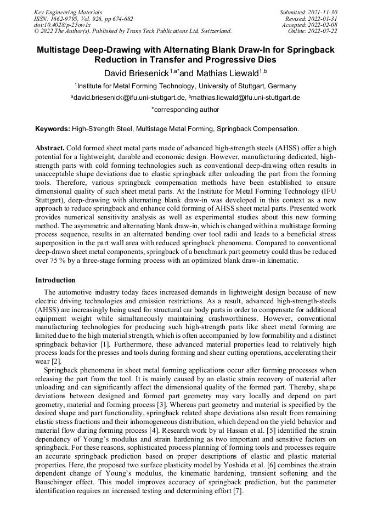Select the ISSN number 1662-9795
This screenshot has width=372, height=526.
(x=63, y=19)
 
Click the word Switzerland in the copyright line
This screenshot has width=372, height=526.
(x=213, y=31)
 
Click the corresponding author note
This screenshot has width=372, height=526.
(x=185, y=110)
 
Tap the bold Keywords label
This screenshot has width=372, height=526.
(x=53, y=129)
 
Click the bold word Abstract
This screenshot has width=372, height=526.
(x=50, y=149)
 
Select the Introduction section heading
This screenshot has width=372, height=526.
(x=55, y=280)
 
